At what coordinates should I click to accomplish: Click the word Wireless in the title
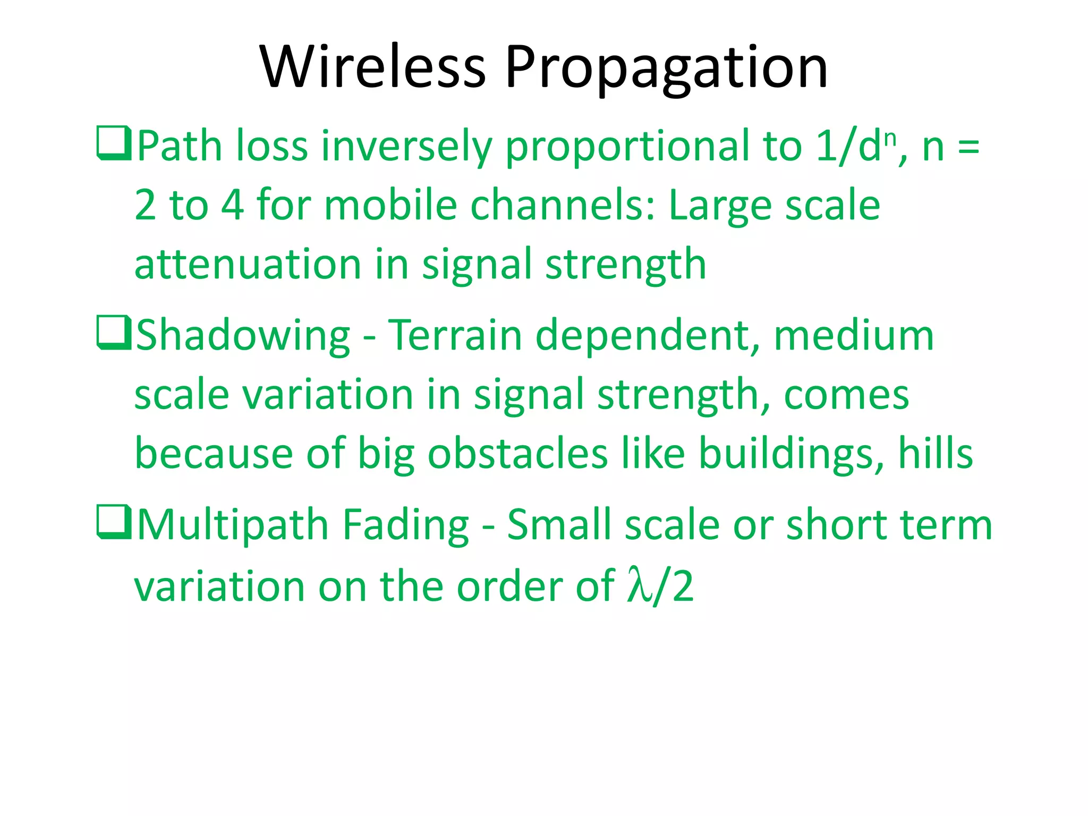[x=372, y=67]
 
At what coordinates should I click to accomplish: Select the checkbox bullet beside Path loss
[x=114, y=143]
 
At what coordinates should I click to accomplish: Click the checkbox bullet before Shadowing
[x=114, y=333]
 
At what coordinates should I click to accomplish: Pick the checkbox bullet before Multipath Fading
[x=114, y=522]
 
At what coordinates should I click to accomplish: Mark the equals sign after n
[x=968, y=147]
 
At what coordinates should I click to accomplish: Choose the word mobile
[x=390, y=205]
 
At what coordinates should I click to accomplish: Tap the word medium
[x=854, y=335]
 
